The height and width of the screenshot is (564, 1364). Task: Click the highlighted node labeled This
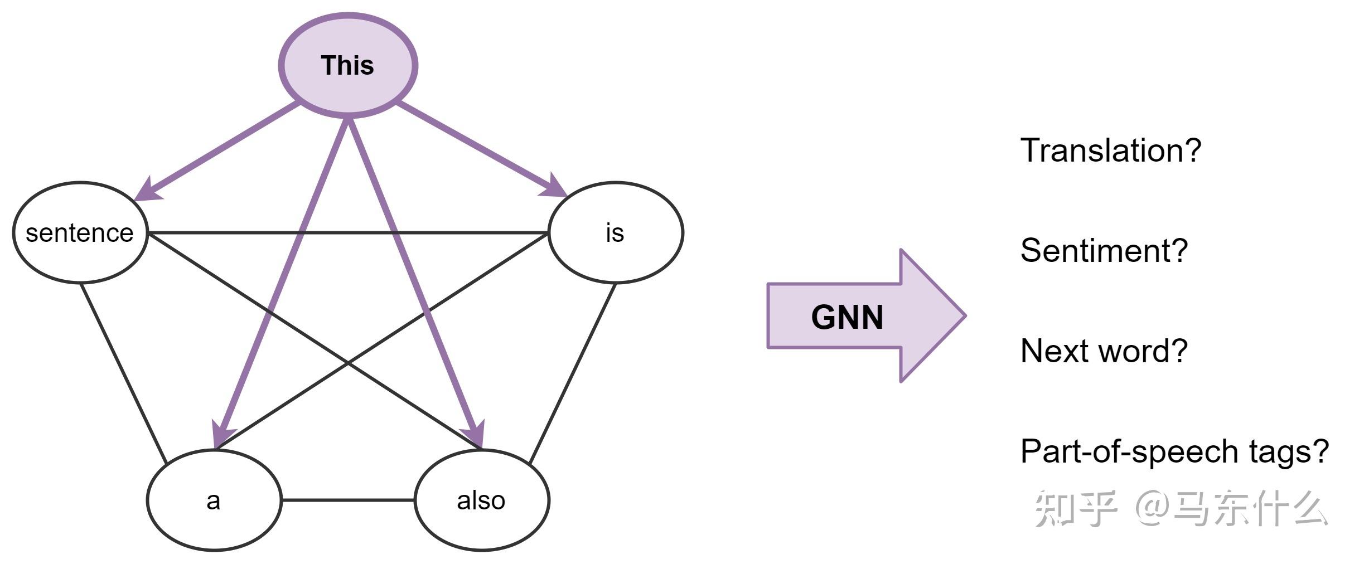tap(348, 65)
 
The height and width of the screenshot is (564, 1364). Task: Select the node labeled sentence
tap(80, 232)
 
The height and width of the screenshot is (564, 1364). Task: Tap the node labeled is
tap(616, 232)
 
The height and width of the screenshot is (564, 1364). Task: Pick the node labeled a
tap(214, 500)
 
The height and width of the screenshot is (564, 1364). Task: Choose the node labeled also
tap(482, 500)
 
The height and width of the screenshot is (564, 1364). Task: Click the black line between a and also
tap(348, 500)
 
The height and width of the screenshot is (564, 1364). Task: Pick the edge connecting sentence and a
tap(124, 373)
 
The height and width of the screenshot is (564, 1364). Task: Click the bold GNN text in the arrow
tap(847, 317)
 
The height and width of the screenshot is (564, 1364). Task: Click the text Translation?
tap(1110, 150)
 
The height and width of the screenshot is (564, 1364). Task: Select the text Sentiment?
tap(1104, 251)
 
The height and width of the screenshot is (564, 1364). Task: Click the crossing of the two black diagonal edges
tap(348, 363)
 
